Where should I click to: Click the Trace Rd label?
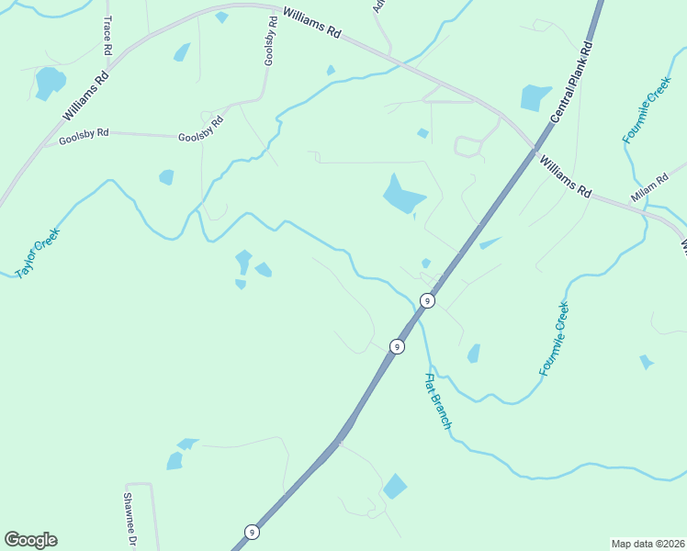(x=108, y=33)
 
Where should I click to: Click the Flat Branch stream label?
(x=437, y=401)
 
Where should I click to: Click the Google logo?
(x=30, y=540)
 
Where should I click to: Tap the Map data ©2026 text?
(x=648, y=543)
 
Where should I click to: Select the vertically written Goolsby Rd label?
(x=270, y=42)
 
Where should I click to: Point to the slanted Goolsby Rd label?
(x=201, y=129)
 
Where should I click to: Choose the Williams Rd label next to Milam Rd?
(x=566, y=177)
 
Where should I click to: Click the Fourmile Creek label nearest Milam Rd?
(x=647, y=115)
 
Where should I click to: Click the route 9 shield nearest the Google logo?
(x=252, y=532)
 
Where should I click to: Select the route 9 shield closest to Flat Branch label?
(x=397, y=346)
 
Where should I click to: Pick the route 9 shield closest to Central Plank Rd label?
(x=426, y=300)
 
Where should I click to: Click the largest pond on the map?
(x=401, y=195)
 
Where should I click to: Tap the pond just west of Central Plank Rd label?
(x=535, y=97)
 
